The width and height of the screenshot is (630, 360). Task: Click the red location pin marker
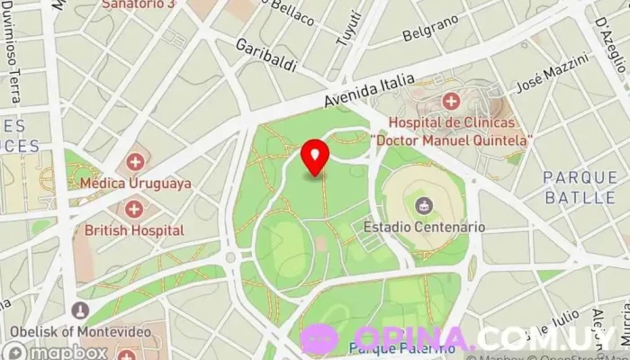(315, 158)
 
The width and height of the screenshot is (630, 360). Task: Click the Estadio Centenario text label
(424, 228)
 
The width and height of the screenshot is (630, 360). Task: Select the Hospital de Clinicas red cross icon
(450, 101)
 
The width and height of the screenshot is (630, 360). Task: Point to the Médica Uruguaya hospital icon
(135, 163)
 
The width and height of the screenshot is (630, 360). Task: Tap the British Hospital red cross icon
(134, 210)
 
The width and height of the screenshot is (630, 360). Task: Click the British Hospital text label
(134, 230)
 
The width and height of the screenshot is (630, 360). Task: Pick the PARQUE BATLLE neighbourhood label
(580, 185)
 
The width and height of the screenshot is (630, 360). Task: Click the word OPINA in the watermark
(407, 339)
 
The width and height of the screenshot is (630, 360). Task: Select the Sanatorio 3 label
(137, 4)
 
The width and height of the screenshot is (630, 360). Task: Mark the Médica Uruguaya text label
(136, 183)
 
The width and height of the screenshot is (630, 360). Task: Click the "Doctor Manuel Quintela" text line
(452, 140)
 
